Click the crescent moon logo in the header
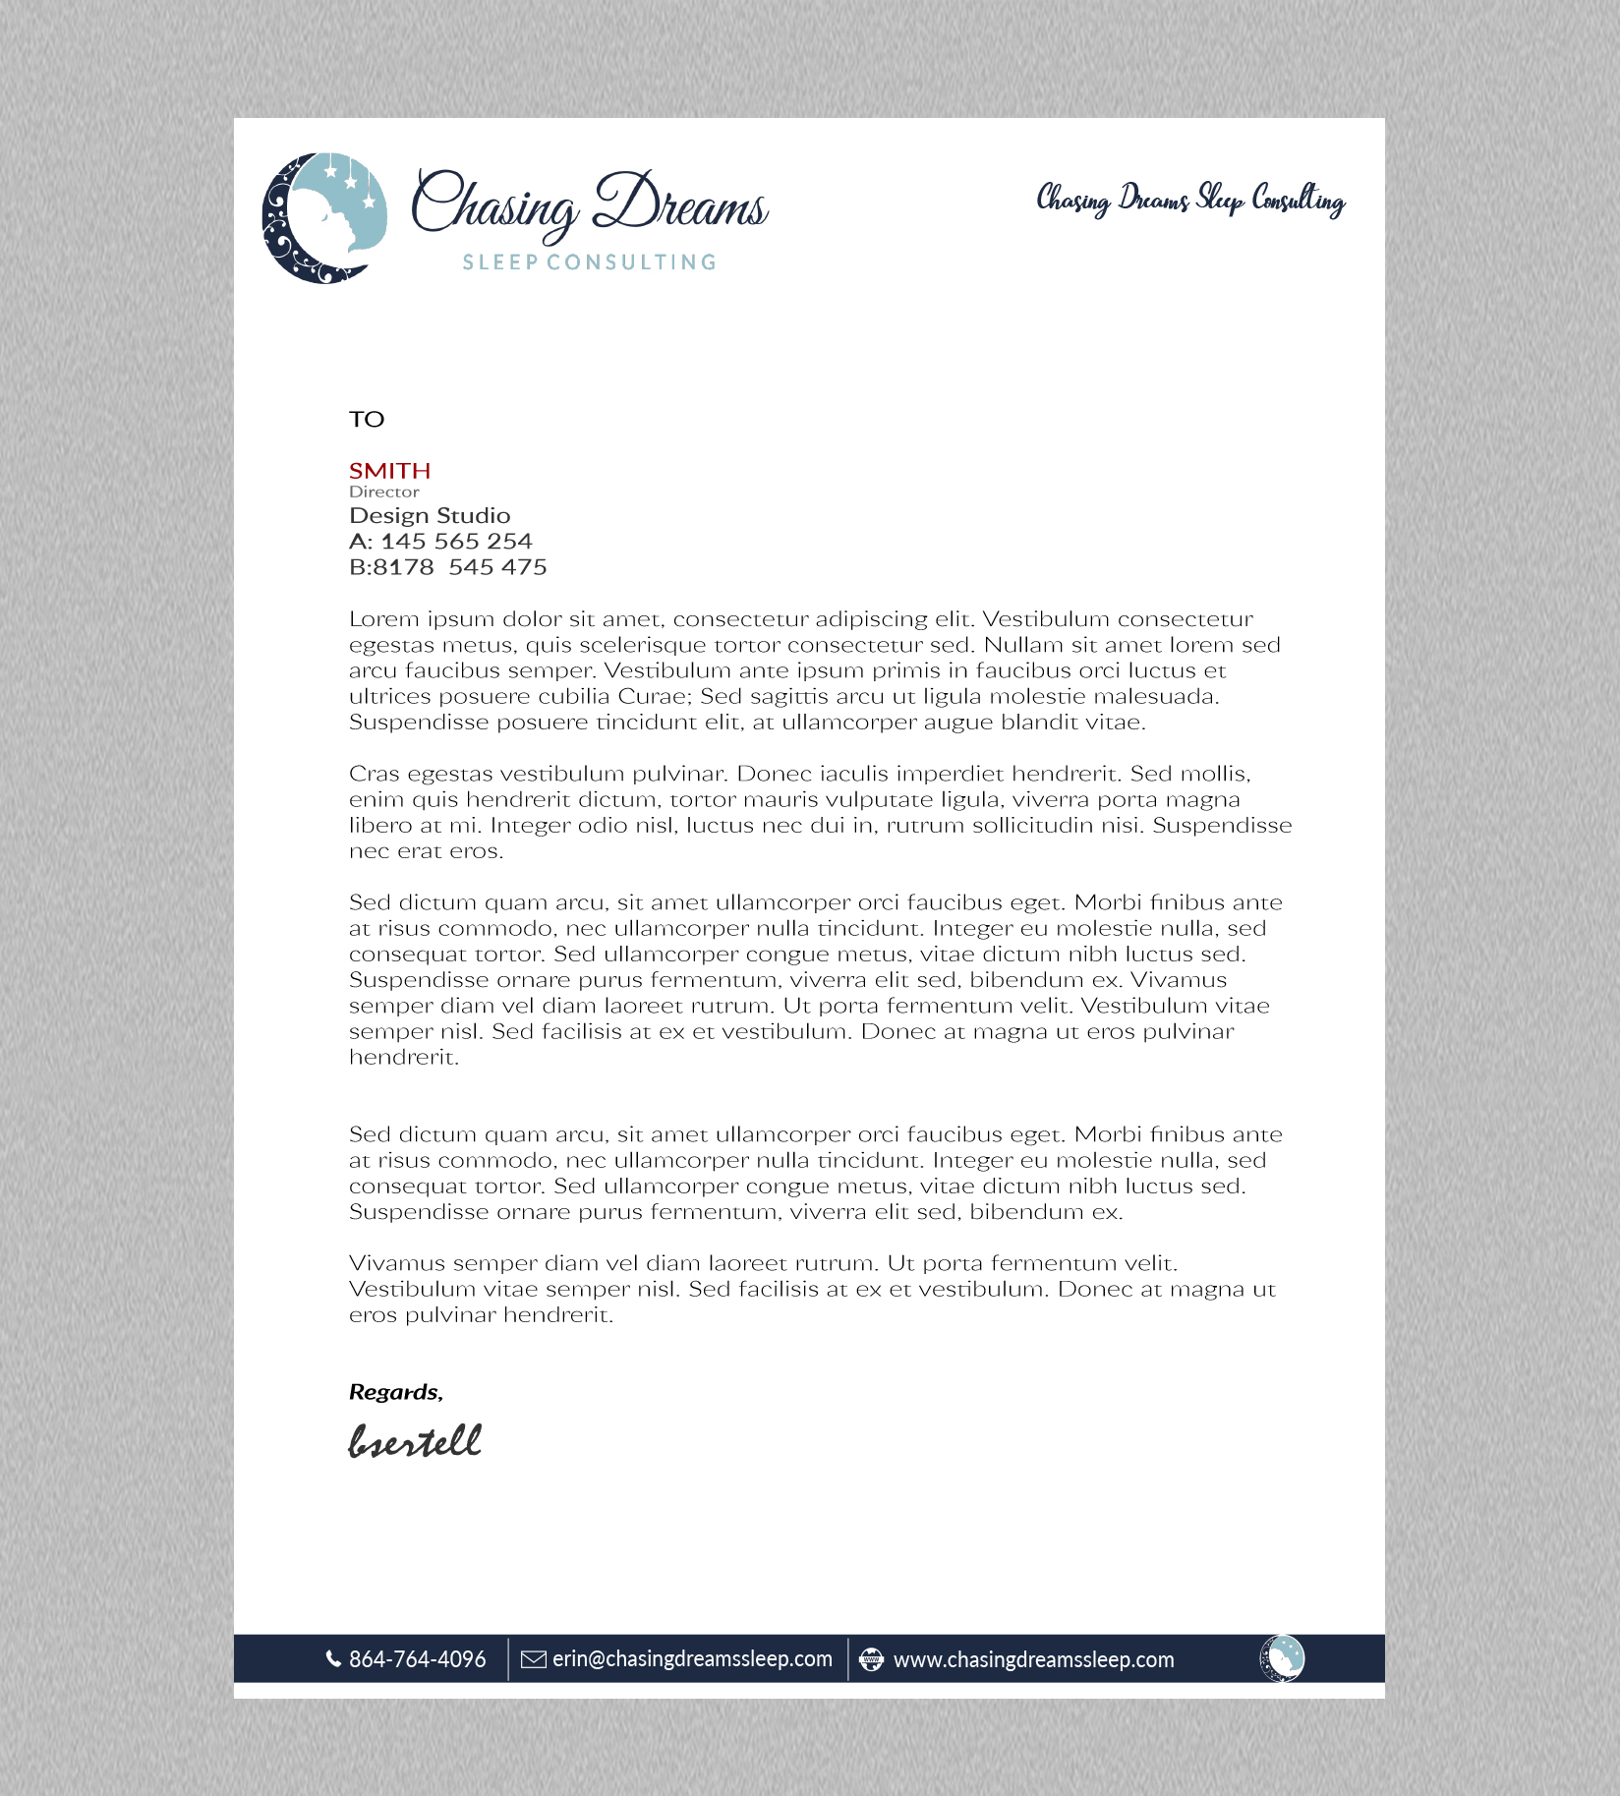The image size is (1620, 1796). pyautogui.click(x=323, y=217)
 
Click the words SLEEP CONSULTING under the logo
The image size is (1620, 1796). pyautogui.click(x=589, y=262)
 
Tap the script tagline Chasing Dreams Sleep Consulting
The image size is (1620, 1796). pyautogui.click(x=1190, y=200)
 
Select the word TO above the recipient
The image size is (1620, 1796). pyautogui.click(x=367, y=420)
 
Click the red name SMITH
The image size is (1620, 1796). pyautogui.click(x=389, y=471)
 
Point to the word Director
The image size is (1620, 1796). pyautogui.click(x=383, y=492)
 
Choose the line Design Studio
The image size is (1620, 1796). pyautogui.click(x=430, y=516)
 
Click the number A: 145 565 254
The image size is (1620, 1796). pyautogui.click(x=440, y=542)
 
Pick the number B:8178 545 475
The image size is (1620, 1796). pyautogui.click(x=447, y=567)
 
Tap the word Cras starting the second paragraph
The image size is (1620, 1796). pyautogui.click(x=374, y=774)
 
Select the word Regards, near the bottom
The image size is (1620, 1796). pyautogui.click(x=395, y=1392)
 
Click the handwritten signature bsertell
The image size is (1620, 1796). pyautogui.click(x=415, y=1441)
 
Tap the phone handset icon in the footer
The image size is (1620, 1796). pyautogui.click(x=333, y=1659)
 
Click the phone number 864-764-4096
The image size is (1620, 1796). pyautogui.click(x=417, y=1659)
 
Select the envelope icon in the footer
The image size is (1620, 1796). pyautogui.click(x=533, y=1659)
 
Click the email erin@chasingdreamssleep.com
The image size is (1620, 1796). pyautogui.click(x=692, y=1659)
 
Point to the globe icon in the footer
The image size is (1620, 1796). pyautogui.click(x=871, y=1659)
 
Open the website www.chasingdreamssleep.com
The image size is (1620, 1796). pyautogui.click(x=1033, y=1660)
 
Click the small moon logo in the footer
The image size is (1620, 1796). pyautogui.click(x=1282, y=1658)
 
